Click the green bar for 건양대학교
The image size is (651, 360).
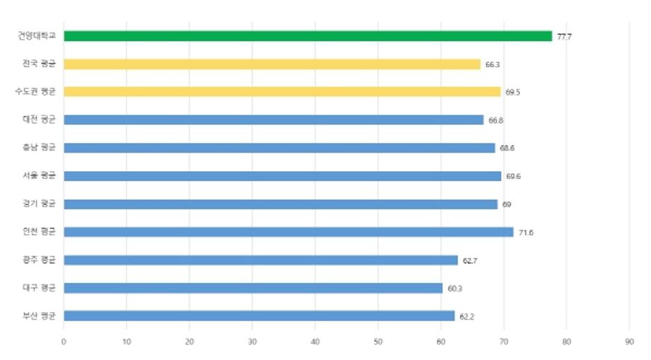(x=308, y=36)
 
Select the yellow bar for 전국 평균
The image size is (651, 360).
(x=272, y=64)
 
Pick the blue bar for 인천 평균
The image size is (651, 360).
(x=288, y=232)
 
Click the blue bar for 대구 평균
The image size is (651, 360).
(x=253, y=288)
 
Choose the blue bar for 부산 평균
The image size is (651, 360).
(x=259, y=316)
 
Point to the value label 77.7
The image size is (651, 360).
(x=565, y=37)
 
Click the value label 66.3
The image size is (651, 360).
(x=493, y=65)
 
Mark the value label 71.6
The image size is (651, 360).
(x=526, y=233)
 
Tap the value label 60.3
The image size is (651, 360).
(x=455, y=289)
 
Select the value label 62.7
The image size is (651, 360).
(x=471, y=261)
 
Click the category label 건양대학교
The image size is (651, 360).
(x=37, y=35)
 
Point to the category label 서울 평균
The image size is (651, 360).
(x=39, y=175)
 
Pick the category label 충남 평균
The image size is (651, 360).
(x=39, y=147)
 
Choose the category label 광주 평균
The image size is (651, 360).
(x=39, y=260)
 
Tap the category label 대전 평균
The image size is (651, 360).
(x=39, y=120)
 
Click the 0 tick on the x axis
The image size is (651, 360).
(x=64, y=342)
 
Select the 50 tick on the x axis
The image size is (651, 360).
(x=378, y=342)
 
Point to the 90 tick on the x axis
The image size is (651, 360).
(x=629, y=342)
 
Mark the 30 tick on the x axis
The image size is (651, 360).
(x=252, y=342)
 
